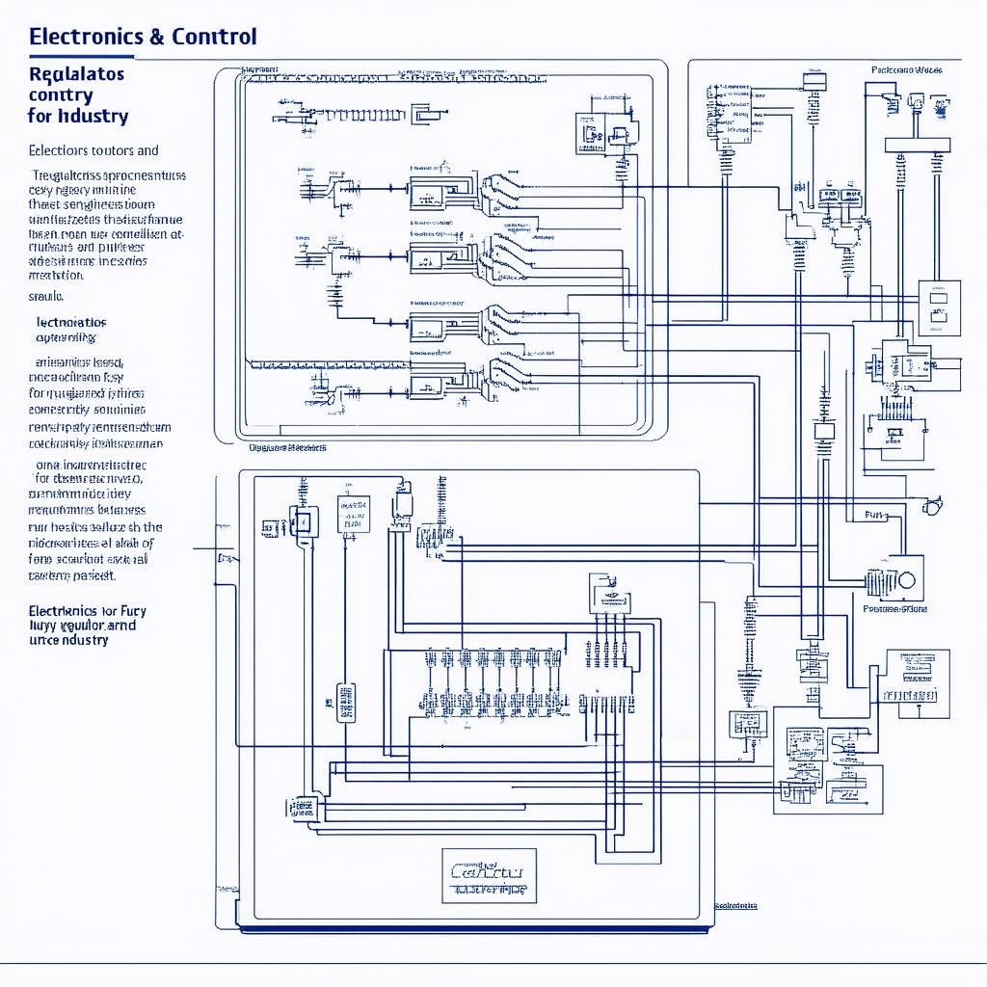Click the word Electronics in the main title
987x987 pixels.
pos(86,38)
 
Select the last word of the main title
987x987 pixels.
pos(214,38)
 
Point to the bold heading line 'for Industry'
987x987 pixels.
pos(78,117)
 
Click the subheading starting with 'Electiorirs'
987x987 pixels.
pos(93,150)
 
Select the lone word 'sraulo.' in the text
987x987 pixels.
pos(47,297)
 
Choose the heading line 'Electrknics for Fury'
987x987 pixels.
pos(88,611)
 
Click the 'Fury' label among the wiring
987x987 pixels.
pos(873,516)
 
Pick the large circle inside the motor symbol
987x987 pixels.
pos(906,580)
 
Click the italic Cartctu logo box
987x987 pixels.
pos(489,875)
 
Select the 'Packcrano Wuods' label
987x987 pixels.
pos(906,69)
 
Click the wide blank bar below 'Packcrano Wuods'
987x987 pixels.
pos(917,146)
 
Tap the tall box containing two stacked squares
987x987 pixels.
pos(938,307)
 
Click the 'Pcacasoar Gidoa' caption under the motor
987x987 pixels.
pos(894,609)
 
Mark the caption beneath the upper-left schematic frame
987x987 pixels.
pos(287,447)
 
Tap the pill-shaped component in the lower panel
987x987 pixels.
pos(345,703)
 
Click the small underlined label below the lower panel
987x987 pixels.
pos(736,905)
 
